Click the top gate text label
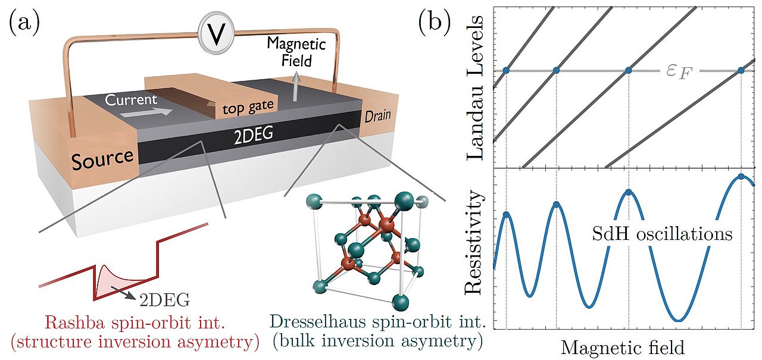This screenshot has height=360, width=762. [247, 108]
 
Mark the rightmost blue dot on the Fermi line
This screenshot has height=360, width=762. [741, 71]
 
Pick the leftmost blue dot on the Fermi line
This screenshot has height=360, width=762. [506, 71]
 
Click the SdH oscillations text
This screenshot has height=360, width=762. [662, 234]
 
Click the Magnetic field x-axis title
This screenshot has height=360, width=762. [622, 346]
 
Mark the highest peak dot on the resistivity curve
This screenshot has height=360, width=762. [741, 176]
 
